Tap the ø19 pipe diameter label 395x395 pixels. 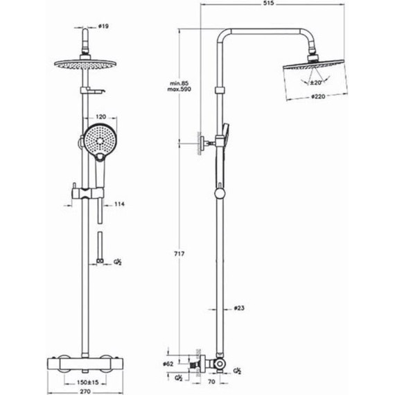coord(103,26)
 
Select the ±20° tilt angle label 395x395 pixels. coord(316,82)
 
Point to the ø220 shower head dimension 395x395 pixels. coord(318,96)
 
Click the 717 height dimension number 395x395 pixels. coord(179,254)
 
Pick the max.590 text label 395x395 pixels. coord(179,89)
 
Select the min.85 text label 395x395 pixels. coord(179,83)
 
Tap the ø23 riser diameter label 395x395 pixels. coord(239,308)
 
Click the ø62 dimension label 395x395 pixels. coord(168,364)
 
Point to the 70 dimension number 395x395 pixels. coord(211,382)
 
